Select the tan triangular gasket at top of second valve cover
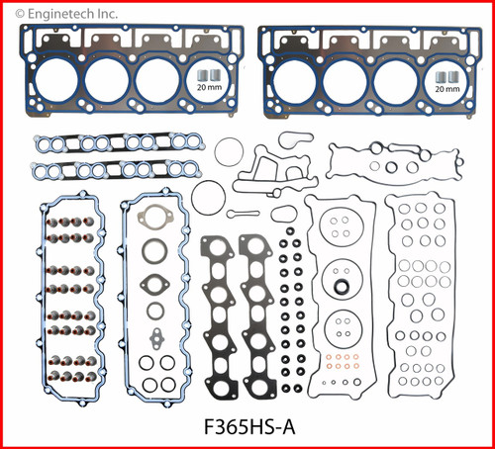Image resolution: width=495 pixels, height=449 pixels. tap(153, 218)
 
